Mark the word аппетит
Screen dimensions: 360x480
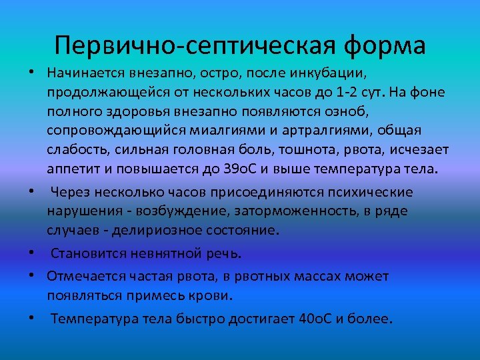coord(71,167)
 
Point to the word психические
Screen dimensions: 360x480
coord(374,192)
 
